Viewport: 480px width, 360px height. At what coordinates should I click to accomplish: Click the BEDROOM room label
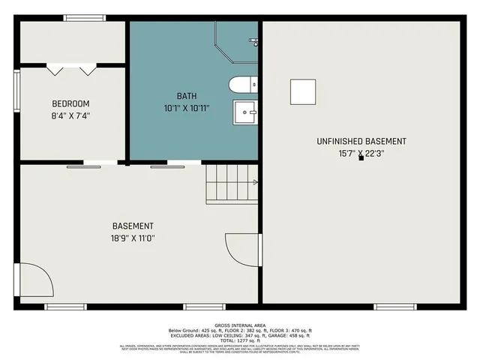pyautogui.click(x=70, y=103)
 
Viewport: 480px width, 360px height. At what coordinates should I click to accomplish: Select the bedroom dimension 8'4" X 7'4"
pyautogui.click(x=70, y=115)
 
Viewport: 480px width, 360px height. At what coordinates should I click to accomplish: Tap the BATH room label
pyautogui.click(x=187, y=96)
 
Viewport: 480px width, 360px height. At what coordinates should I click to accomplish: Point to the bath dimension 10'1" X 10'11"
pyautogui.click(x=187, y=108)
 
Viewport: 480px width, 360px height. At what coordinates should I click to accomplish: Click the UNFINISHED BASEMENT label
pyautogui.click(x=361, y=141)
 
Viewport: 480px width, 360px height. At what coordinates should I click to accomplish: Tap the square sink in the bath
pyautogui.click(x=245, y=112)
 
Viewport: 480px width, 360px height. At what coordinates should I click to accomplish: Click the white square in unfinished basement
pyautogui.click(x=303, y=91)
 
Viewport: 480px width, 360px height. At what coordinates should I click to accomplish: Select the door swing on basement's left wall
pyautogui.click(x=36, y=281)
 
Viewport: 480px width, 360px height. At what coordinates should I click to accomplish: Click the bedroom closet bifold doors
pyautogui.click(x=71, y=70)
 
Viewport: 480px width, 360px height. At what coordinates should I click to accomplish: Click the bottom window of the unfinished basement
pyautogui.click(x=395, y=306)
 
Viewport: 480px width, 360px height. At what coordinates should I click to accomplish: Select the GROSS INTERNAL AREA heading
pyautogui.click(x=239, y=325)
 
